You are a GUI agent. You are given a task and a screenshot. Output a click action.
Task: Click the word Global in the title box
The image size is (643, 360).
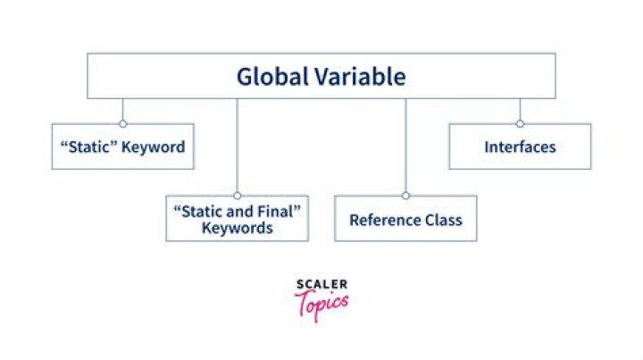coord(272,77)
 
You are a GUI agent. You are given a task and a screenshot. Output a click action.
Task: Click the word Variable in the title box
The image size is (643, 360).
coord(361,77)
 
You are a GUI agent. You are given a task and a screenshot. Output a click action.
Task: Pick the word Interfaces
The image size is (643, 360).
coord(520,147)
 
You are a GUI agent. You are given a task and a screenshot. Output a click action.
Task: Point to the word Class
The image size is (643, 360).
coord(444,220)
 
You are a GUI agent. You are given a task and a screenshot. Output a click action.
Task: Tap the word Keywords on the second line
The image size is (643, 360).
coord(237,228)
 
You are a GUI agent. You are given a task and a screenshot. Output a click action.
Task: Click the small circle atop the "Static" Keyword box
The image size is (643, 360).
coord(123,123)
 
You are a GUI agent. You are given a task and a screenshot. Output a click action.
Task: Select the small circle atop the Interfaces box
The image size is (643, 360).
coord(520,123)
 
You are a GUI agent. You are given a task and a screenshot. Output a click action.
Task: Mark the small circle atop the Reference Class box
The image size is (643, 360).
coord(405,196)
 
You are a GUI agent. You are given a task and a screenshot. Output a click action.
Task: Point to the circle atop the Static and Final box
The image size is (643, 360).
coord(237,196)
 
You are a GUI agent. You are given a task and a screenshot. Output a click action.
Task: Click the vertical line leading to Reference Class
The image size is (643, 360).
coord(405,145)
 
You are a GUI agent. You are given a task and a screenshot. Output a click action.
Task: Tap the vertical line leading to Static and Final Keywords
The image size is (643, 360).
coord(237,145)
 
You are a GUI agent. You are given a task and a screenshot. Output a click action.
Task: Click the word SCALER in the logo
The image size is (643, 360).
coord(321,284)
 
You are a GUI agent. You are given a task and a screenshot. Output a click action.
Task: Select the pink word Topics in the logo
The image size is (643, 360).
coord(321,305)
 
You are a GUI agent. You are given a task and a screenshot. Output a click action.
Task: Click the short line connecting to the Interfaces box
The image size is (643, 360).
coord(520,109)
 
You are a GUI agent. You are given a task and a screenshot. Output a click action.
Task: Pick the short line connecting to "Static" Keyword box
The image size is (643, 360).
coord(123,109)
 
